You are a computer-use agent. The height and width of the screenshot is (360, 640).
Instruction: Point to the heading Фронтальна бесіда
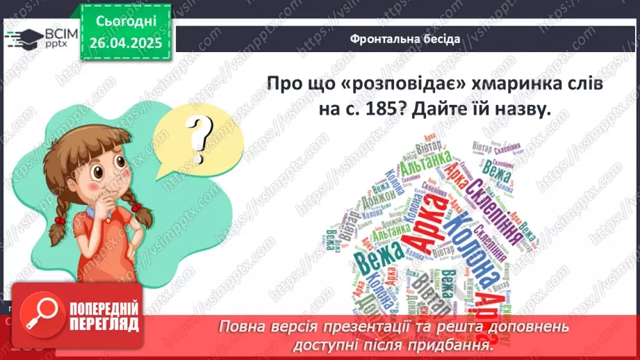pos(404,39)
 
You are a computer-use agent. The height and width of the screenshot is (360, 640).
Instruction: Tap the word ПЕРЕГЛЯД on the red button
pos(104,324)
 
